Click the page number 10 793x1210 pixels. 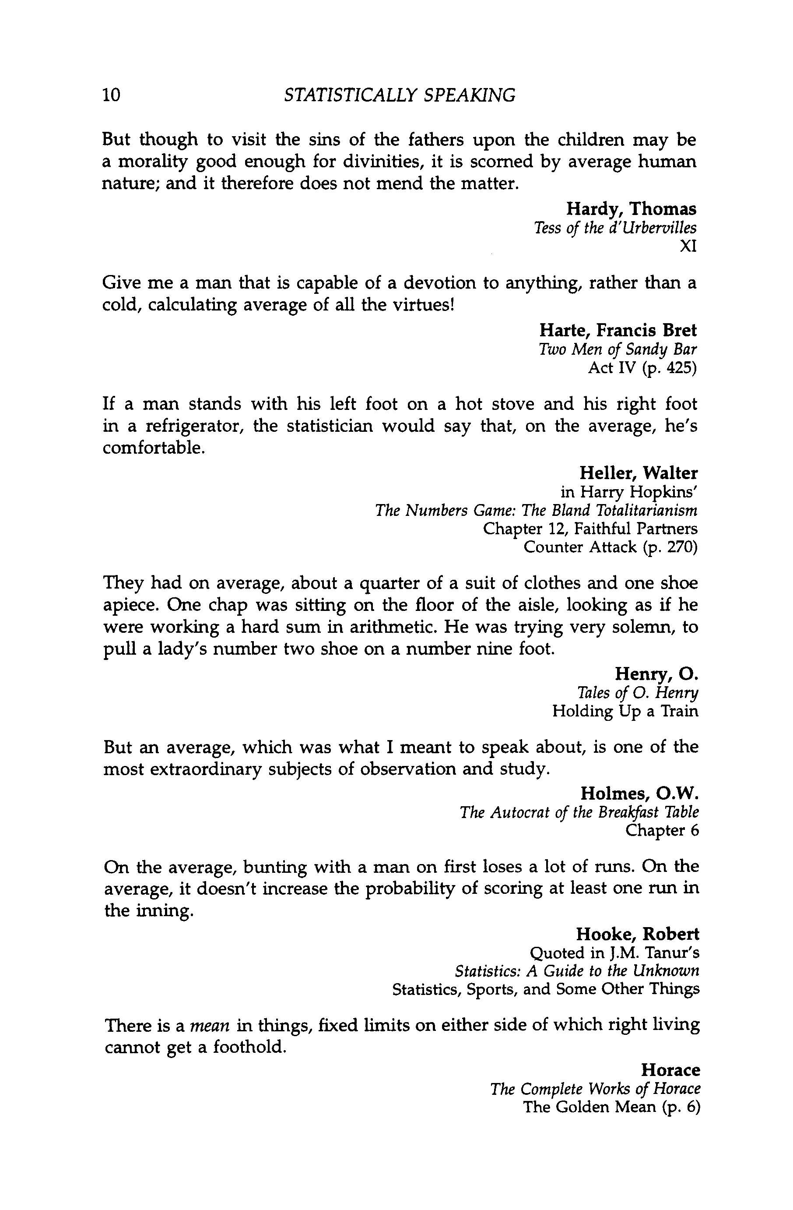[111, 95]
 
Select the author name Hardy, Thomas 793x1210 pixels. [631, 208]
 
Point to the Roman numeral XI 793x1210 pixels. [688, 247]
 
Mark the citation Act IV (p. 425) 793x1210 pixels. [642, 367]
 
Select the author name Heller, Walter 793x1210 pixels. [638, 473]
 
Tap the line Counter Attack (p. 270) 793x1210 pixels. [610, 547]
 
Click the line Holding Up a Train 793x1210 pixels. [625, 711]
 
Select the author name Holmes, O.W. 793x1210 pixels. [639, 793]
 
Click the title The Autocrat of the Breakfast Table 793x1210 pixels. [579, 812]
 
